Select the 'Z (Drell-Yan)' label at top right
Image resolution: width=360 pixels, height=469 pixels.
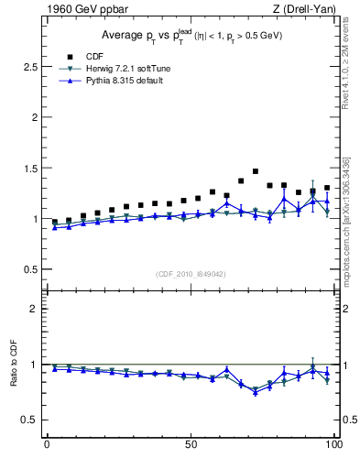point(307,10)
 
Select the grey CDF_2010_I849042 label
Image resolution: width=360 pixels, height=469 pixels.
point(191,274)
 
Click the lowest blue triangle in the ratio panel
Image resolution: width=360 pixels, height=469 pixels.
point(256,392)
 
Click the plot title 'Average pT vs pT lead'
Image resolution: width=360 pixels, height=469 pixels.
point(183,36)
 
